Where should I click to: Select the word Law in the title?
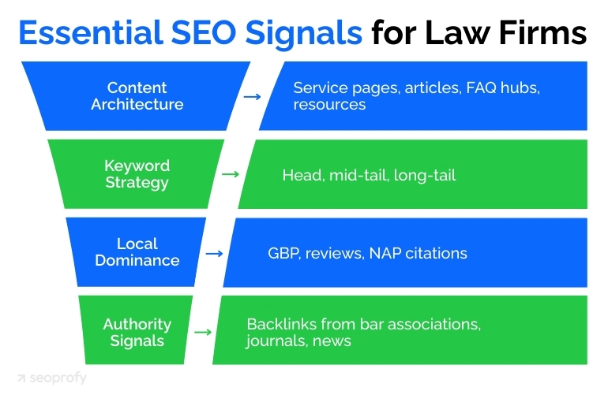pyautogui.click(x=460, y=32)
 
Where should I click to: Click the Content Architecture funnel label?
pyautogui.click(x=137, y=96)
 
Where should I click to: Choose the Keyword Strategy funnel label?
pyautogui.click(x=137, y=174)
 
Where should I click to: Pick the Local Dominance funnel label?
pyautogui.click(x=137, y=252)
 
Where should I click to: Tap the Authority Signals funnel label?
pyautogui.click(x=137, y=332)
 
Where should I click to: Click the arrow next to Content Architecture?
pyautogui.click(x=252, y=96)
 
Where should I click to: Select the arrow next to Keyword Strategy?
pyautogui.click(x=231, y=174)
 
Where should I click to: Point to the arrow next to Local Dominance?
pyautogui.click(x=213, y=253)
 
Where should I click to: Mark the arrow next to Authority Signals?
pyautogui.click(x=203, y=332)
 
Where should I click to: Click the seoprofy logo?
pyautogui.click(x=52, y=378)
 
